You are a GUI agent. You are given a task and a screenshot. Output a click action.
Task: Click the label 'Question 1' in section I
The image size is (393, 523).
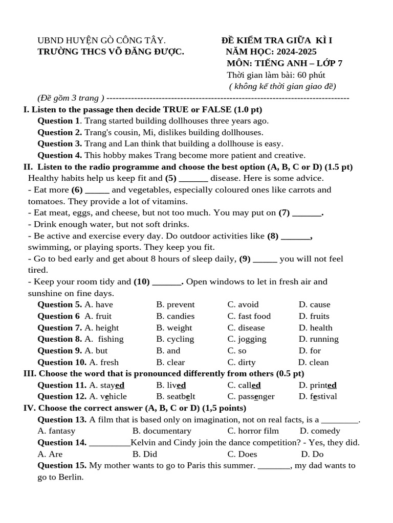pyautogui.click(x=58, y=121)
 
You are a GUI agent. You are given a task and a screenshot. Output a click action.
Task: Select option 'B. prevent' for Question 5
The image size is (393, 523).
pyautogui.click(x=175, y=305)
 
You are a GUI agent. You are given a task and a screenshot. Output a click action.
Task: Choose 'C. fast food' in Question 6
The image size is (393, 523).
pyautogui.click(x=249, y=316)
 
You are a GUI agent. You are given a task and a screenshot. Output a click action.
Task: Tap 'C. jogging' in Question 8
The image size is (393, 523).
pyautogui.click(x=247, y=339)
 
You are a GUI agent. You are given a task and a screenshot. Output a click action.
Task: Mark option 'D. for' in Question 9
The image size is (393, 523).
pyautogui.click(x=310, y=351)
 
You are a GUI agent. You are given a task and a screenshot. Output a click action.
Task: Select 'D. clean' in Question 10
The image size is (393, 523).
pyautogui.click(x=314, y=363)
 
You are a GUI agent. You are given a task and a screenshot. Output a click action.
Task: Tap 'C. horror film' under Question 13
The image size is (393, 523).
pyautogui.click(x=253, y=431)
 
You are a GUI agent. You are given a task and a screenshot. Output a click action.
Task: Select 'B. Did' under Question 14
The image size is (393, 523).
pyautogui.click(x=144, y=454)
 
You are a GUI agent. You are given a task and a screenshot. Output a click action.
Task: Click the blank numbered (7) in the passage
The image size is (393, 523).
pyautogui.click(x=309, y=213)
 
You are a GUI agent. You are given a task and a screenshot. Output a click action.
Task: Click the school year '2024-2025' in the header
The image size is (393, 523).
pyautogui.click(x=296, y=52)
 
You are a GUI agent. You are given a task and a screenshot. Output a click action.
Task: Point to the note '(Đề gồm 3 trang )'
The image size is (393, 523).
pyautogui.click(x=71, y=98)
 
